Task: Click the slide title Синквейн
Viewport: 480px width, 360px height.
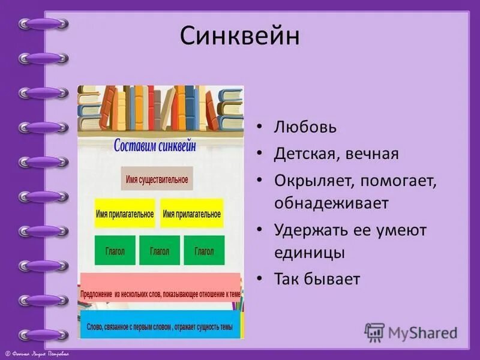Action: click(239, 37)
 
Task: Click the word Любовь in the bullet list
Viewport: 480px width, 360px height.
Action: click(305, 128)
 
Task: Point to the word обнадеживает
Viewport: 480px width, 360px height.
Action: click(331, 203)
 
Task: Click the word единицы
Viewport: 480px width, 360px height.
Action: click(309, 253)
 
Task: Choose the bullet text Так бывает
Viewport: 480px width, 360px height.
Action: click(317, 279)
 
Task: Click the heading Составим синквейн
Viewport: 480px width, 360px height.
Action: click(161, 146)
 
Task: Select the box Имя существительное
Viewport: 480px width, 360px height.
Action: click(157, 179)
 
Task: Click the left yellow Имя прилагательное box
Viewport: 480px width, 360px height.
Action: click(125, 214)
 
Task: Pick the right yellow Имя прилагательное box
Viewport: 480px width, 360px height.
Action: click(192, 214)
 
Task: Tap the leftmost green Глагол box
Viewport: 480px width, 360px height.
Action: click(115, 251)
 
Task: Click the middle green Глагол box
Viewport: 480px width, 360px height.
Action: click(159, 251)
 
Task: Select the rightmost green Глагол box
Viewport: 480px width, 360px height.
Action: click(204, 251)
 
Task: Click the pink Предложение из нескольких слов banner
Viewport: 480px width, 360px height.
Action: click(160, 294)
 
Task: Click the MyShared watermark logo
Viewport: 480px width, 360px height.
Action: click(412, 332)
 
